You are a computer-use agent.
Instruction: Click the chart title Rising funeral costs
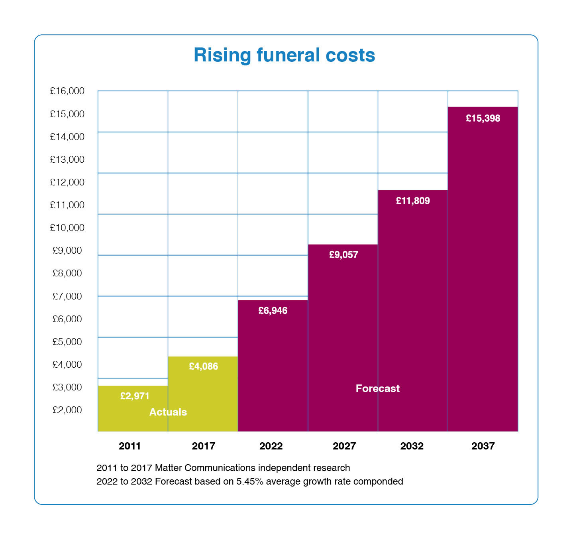tap(284, 55)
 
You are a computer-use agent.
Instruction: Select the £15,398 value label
tap(483, 118)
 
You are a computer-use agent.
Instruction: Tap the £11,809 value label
tap(413, 201)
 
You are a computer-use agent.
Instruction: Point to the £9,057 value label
tap(343, 254)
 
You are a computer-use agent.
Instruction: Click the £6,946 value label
tap(273, 311)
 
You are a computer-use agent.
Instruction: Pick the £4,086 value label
tap(203, 366)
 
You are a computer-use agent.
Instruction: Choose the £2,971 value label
tap(135, 396)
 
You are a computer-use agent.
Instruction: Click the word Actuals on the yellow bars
tap(168, 412)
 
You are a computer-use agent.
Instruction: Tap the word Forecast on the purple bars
tap(377, 388)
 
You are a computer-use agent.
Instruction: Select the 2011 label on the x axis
tap(130, 446)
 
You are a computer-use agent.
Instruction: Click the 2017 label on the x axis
tap(203, 446)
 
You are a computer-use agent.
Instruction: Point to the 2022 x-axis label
tap(271, 446)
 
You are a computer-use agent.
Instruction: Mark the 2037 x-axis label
tap(483, 446)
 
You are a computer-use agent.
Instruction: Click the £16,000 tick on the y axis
tap(67, 91)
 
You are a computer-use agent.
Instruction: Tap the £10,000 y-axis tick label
tap(67, 228)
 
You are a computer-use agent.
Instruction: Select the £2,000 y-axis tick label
tap(67, 410)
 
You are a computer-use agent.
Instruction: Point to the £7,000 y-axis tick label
tap(67, 296)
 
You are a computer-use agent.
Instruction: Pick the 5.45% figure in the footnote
tap(250, 481)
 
